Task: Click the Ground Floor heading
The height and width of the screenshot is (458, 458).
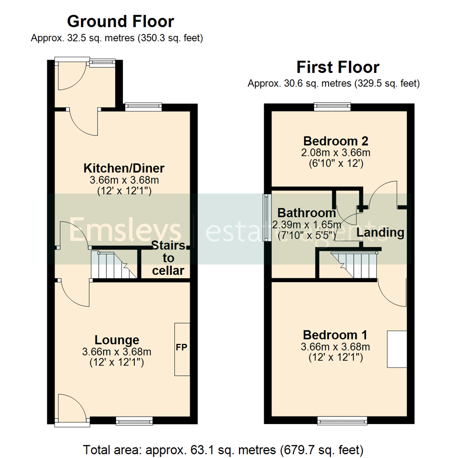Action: (120, 21)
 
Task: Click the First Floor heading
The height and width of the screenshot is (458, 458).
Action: (338, 67)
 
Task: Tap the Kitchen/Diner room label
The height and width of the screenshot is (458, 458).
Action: (124, 168)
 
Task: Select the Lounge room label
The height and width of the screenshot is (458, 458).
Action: (117, 340)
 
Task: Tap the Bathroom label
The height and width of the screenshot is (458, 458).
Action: (306, 212)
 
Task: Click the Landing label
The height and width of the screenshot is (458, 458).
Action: (380, 232)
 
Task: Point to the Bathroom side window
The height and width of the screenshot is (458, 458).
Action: (267, 218)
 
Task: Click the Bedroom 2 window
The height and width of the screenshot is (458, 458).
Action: (332, 106)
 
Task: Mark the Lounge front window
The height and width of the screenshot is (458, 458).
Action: (134, 420)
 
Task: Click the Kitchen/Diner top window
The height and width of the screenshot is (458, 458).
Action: (143, 106)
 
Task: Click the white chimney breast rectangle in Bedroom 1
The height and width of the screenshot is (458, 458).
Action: (397, 349)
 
